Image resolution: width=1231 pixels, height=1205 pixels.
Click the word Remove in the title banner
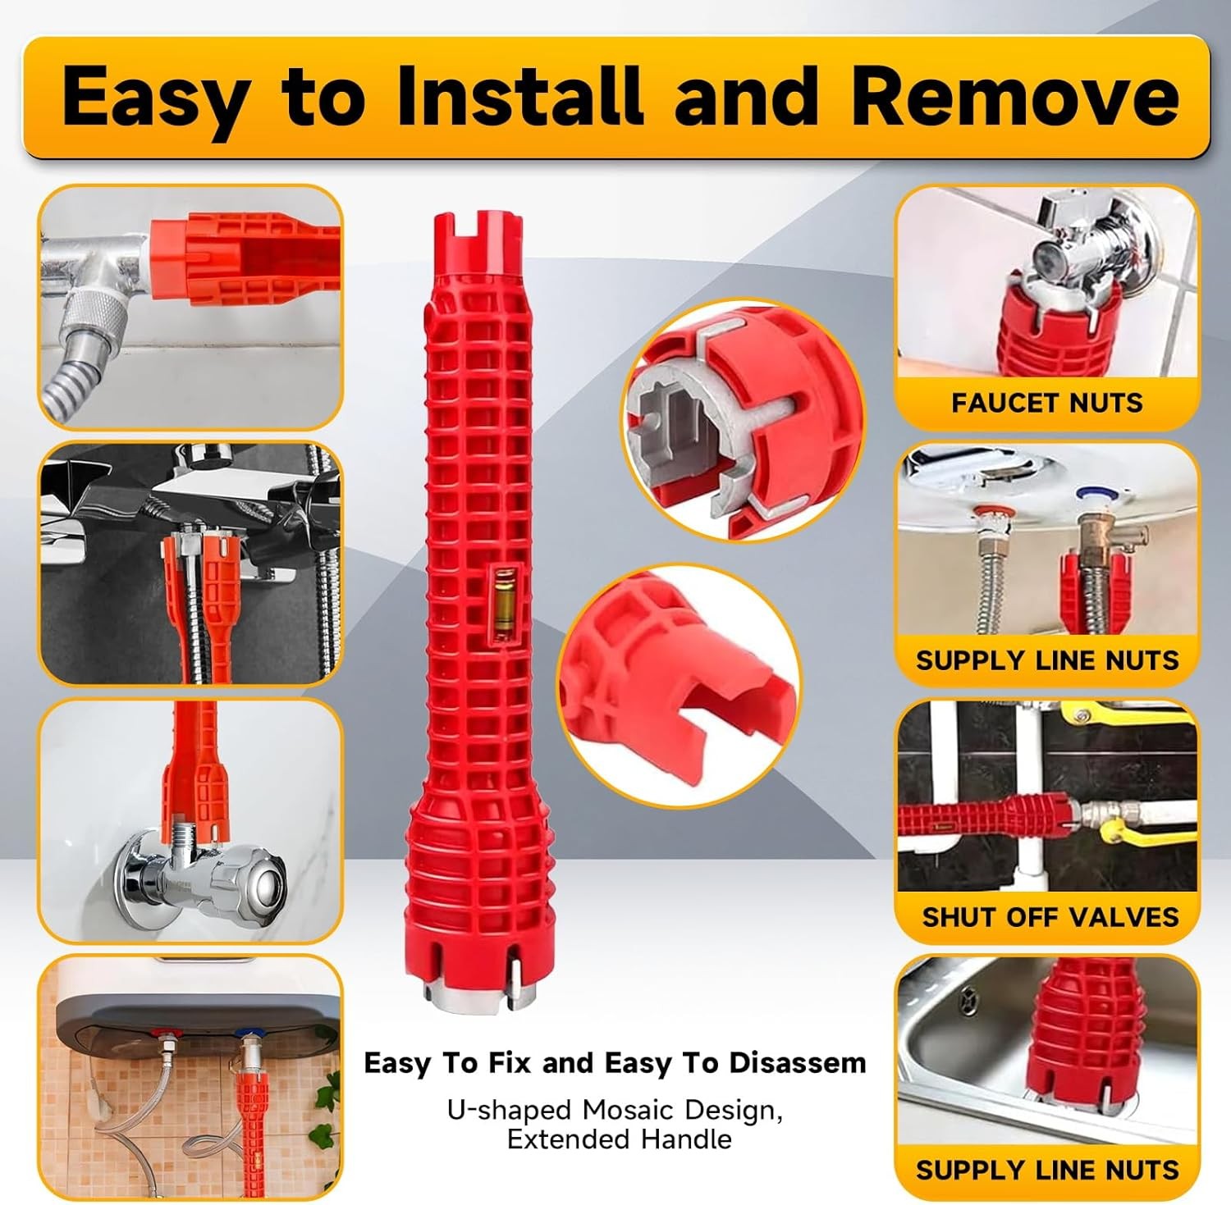1014,96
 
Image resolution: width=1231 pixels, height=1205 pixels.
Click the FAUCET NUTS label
1046,403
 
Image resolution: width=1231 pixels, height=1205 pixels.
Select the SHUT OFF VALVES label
1050,916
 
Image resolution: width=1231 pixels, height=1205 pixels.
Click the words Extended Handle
619,1139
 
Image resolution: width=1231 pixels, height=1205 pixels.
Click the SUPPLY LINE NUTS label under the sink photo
1046,1170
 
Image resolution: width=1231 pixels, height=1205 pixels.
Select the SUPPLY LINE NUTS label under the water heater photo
1046,660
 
